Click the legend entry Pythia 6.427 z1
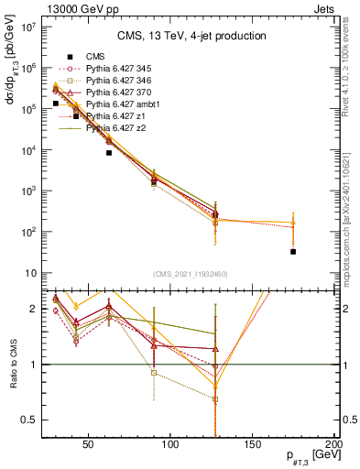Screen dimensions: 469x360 [x=117, y=117]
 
